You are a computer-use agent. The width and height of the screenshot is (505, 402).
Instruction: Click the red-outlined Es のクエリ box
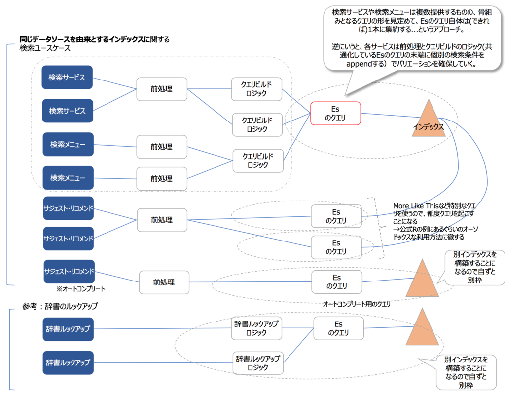tap(335, 113)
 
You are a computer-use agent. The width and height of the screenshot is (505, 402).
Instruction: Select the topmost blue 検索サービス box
tap(67, 78)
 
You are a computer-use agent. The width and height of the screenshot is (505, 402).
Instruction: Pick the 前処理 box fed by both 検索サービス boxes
tap(162, 89)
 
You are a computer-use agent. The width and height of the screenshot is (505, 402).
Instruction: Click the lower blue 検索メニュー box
tap(68, 178)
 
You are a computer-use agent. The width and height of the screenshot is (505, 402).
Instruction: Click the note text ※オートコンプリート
tap(81, 288)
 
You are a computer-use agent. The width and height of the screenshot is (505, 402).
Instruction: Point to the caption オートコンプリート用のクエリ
tap(356, 304)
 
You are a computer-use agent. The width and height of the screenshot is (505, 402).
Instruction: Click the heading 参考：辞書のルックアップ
tap(60, 306)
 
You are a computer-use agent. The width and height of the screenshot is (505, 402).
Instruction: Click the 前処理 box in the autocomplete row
tap(164, 282)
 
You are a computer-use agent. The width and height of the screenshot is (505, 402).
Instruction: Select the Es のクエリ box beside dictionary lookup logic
tap(338, 328)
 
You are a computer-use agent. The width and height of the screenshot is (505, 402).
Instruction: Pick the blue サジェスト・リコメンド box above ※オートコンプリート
tap(69, 272)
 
